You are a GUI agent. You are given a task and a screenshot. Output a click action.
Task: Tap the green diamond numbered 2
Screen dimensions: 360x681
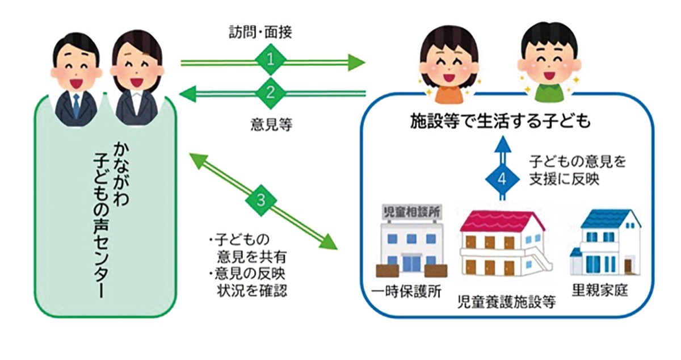point(270,92)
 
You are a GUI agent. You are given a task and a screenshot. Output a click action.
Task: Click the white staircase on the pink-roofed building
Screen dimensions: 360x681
point(540,261)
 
